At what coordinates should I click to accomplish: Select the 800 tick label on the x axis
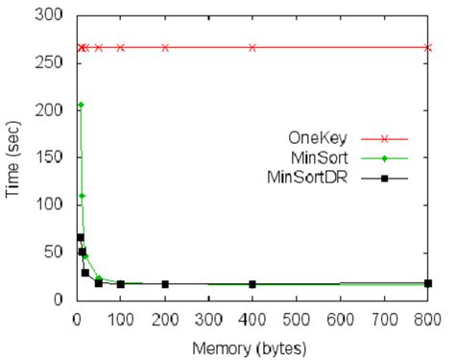428,318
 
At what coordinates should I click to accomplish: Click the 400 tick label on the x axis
252,318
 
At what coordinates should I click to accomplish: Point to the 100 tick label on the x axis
120,318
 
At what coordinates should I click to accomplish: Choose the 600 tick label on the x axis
340,318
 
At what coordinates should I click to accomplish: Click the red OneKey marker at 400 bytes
252,47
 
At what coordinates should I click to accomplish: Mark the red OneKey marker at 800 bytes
428,47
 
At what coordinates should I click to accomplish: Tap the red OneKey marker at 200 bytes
164,47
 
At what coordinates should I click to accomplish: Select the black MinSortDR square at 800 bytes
428,283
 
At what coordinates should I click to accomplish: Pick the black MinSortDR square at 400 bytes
252,284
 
